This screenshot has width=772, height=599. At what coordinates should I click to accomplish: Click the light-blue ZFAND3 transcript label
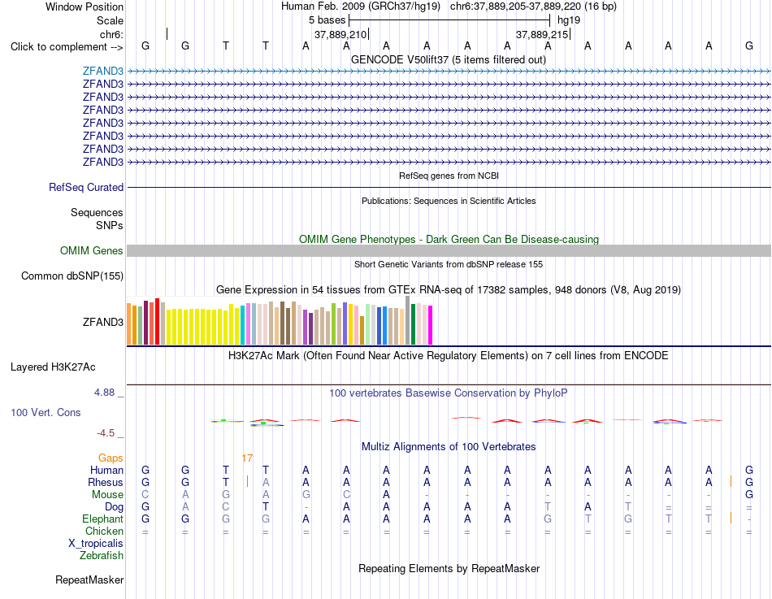[x=103, y=71]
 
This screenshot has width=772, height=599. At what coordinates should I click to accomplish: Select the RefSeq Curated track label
[x=86, y=187]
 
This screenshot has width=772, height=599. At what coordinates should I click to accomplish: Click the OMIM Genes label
[x=92, y=250]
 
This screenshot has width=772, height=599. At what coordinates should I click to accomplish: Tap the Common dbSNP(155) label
[x=72, y=276]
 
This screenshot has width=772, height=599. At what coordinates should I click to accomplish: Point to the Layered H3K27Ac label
[x=53, y=367]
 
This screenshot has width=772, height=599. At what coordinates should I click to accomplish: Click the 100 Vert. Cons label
[x=46, y=412]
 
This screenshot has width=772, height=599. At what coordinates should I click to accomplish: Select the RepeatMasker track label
[x=89, y=579]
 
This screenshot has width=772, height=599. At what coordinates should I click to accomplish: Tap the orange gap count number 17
[x=247, y=458]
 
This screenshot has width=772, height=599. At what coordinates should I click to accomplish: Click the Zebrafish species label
[x=102, y=556]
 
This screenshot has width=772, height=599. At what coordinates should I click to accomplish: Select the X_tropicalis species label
[x=96, y=544]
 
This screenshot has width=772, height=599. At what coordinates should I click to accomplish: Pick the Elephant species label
[x=103, y=519]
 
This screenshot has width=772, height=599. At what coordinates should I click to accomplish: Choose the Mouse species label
[x=107, y=495]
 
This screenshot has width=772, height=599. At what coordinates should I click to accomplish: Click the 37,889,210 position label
[x=340, y=34]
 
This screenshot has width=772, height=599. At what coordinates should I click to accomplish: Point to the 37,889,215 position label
[x=542, y=34]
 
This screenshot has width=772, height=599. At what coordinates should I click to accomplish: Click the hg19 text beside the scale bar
[x=569, y=20]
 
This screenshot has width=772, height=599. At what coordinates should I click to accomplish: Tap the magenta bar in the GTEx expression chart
[x=431, y=325]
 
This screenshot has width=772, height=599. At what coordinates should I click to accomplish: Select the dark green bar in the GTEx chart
[x=413, y=324]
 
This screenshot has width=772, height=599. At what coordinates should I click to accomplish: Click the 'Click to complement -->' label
[x=67, y=47]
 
